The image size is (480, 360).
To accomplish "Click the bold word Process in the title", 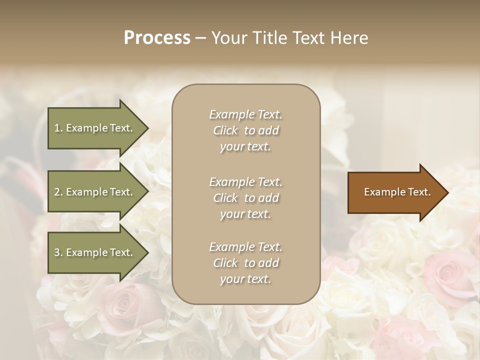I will click(157, 38).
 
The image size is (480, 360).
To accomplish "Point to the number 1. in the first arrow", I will click(58, 128).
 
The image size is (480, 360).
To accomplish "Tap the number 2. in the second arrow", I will click(58, 192).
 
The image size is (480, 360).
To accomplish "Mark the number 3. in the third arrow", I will click(58, 253).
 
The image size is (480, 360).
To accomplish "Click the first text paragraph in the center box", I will click(245, 130).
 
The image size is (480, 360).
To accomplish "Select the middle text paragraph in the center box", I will click(245, 198).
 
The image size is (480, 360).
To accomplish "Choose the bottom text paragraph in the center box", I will click(245, 263).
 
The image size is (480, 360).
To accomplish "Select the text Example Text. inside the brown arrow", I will click(397, 192).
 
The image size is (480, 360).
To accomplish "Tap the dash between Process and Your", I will click(201, 38).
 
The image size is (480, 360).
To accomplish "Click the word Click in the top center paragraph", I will click(225, 130).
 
